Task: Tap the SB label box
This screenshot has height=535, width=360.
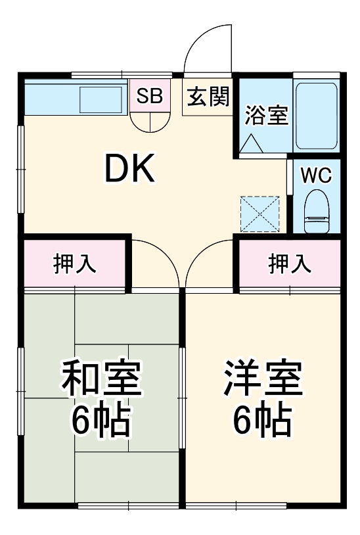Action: click(149, 96)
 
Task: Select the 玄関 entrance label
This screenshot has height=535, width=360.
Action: click(208, 97)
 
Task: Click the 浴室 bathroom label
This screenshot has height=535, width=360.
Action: click(265, 114)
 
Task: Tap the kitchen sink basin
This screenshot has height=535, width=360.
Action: click(101, 99)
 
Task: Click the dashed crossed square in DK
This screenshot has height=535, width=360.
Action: click(259, 215)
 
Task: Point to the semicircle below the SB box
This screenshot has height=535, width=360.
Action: click(149, 120)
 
